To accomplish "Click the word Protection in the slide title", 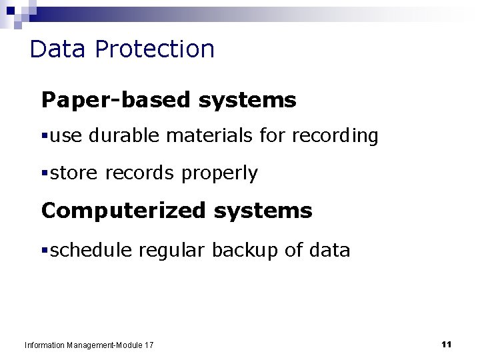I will click(x=155, y=49).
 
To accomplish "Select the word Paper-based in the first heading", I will click(x=116, y=100).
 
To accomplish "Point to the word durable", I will click(x=123, y=136).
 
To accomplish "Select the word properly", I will click(x=219, y=174).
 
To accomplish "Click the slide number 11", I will click(x=447, y=344).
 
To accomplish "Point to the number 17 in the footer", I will click(x=148, y=345).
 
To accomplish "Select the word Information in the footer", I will click(x=44, y=345).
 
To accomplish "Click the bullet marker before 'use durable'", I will click(x=45, y=137).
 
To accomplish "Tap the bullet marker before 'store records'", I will click(x=45, y=174).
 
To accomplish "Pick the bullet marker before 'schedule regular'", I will click(x=45, y=251).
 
